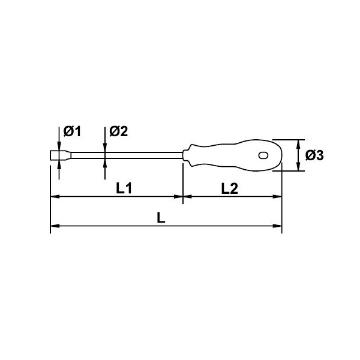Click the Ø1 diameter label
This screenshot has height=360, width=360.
tap(72, 131)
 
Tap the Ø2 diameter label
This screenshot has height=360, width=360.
tap(118, 131)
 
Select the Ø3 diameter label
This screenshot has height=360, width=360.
tap(314, 155)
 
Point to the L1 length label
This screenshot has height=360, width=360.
tap(124, 188)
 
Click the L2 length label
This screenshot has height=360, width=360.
tap(229, 188)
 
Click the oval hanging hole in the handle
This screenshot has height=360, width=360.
tap(263, 155)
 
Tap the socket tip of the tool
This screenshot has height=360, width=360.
tap(61, 155)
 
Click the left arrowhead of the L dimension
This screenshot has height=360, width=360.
tap(55, 226)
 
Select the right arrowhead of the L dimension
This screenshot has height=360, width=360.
tap(277, 226)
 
